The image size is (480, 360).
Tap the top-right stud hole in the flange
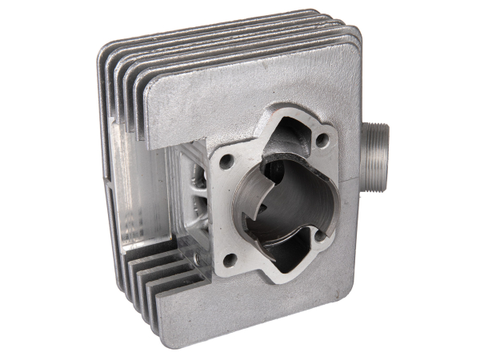coord(322,140)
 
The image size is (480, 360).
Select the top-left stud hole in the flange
coord(226,160)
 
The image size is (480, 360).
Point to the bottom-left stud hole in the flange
coord(230,259)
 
